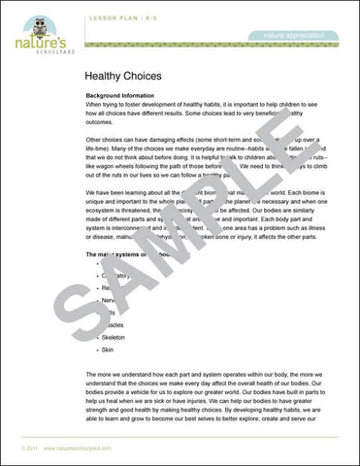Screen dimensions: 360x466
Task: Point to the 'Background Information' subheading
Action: click(120, 96)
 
